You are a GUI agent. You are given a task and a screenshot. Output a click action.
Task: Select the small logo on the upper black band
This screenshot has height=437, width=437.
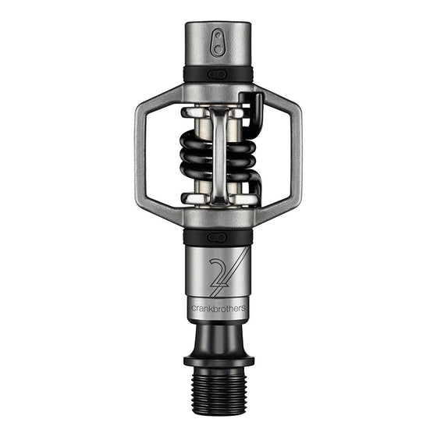pos(218,73)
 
